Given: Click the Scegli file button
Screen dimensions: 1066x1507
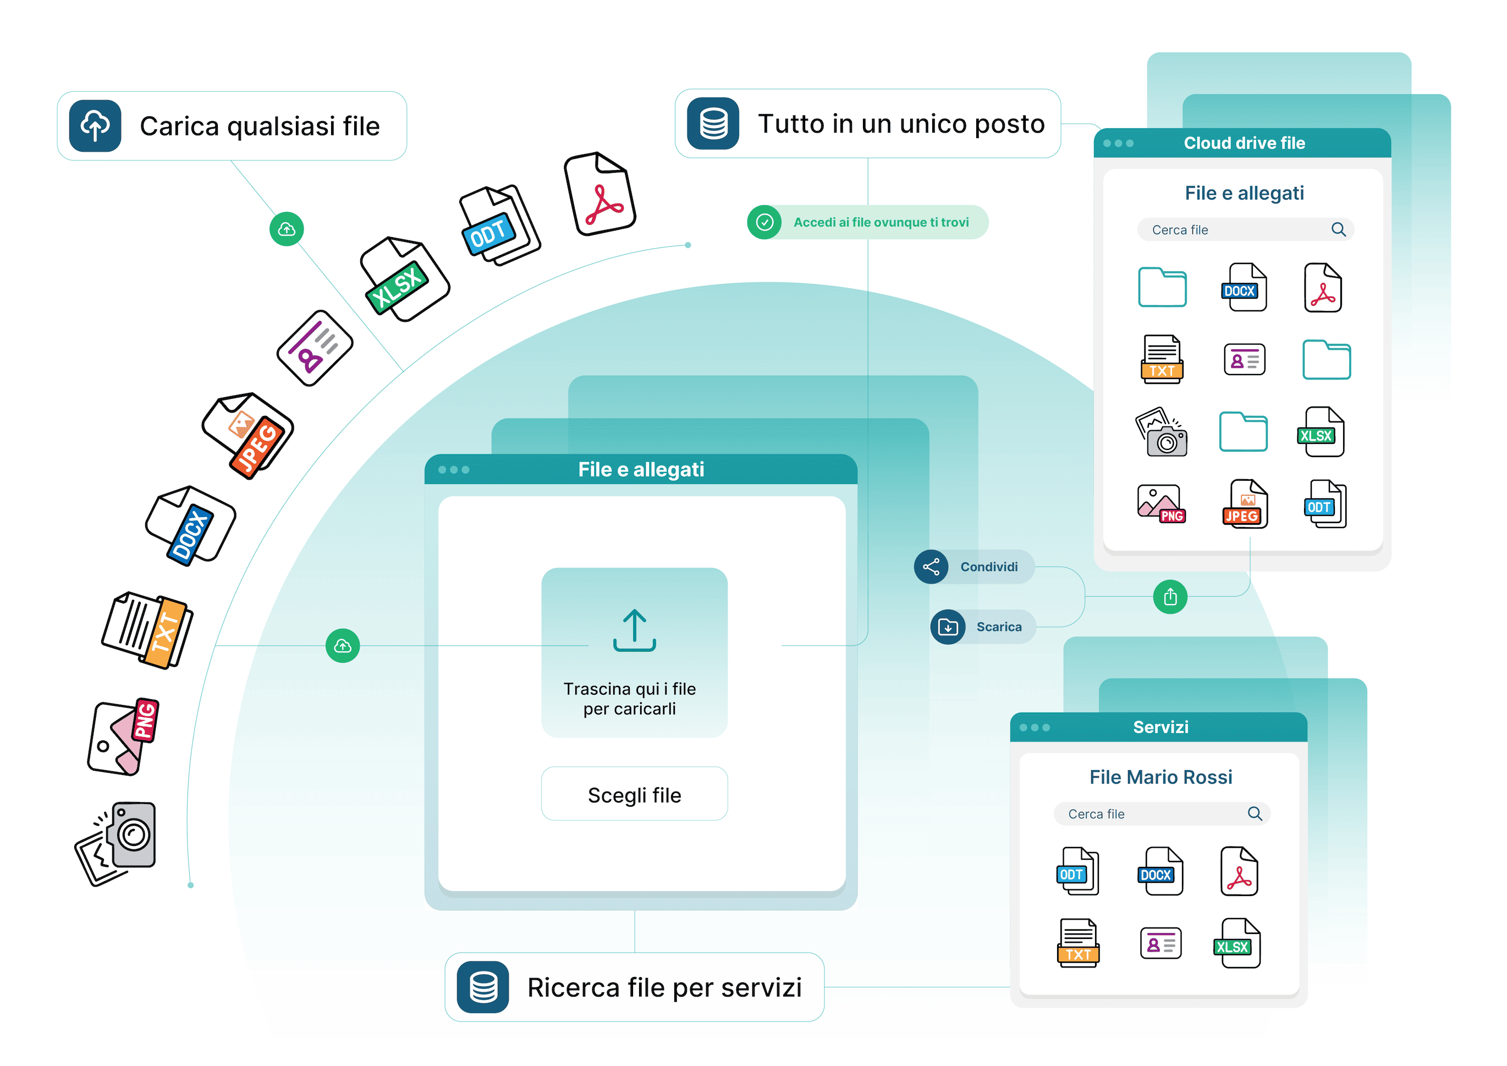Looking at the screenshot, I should tap(634, 794).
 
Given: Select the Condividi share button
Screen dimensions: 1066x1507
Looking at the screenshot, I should tap(974, 567).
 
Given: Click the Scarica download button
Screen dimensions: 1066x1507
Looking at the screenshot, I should tap(982, 627).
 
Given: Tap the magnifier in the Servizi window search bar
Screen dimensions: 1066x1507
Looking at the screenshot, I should tap(1255, 814).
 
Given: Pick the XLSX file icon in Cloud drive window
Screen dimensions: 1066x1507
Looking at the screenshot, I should tap(1321, 432).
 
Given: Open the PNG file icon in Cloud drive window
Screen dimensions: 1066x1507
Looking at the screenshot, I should tap(1160, 504).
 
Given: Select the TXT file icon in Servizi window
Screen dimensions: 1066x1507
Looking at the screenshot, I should tap(1078, 944).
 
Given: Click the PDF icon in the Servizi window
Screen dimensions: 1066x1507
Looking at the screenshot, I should tap(1239, 872).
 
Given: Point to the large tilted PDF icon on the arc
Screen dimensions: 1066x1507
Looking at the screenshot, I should tap(600, 194).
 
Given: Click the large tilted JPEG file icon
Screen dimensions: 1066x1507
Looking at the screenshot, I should tap(248, 435).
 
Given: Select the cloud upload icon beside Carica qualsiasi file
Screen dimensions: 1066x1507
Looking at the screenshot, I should tap(95, 126).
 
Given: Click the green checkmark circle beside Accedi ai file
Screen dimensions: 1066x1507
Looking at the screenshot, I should tap(764, 223).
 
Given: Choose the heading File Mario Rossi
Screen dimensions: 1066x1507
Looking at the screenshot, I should tap(1160, 777).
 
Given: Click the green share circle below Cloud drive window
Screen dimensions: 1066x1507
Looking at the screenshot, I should tap(1170, 597).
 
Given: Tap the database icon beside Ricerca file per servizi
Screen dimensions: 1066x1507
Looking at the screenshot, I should tap(483, 987).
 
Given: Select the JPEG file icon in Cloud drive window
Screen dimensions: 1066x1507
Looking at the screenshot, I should tap(1245, 504).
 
